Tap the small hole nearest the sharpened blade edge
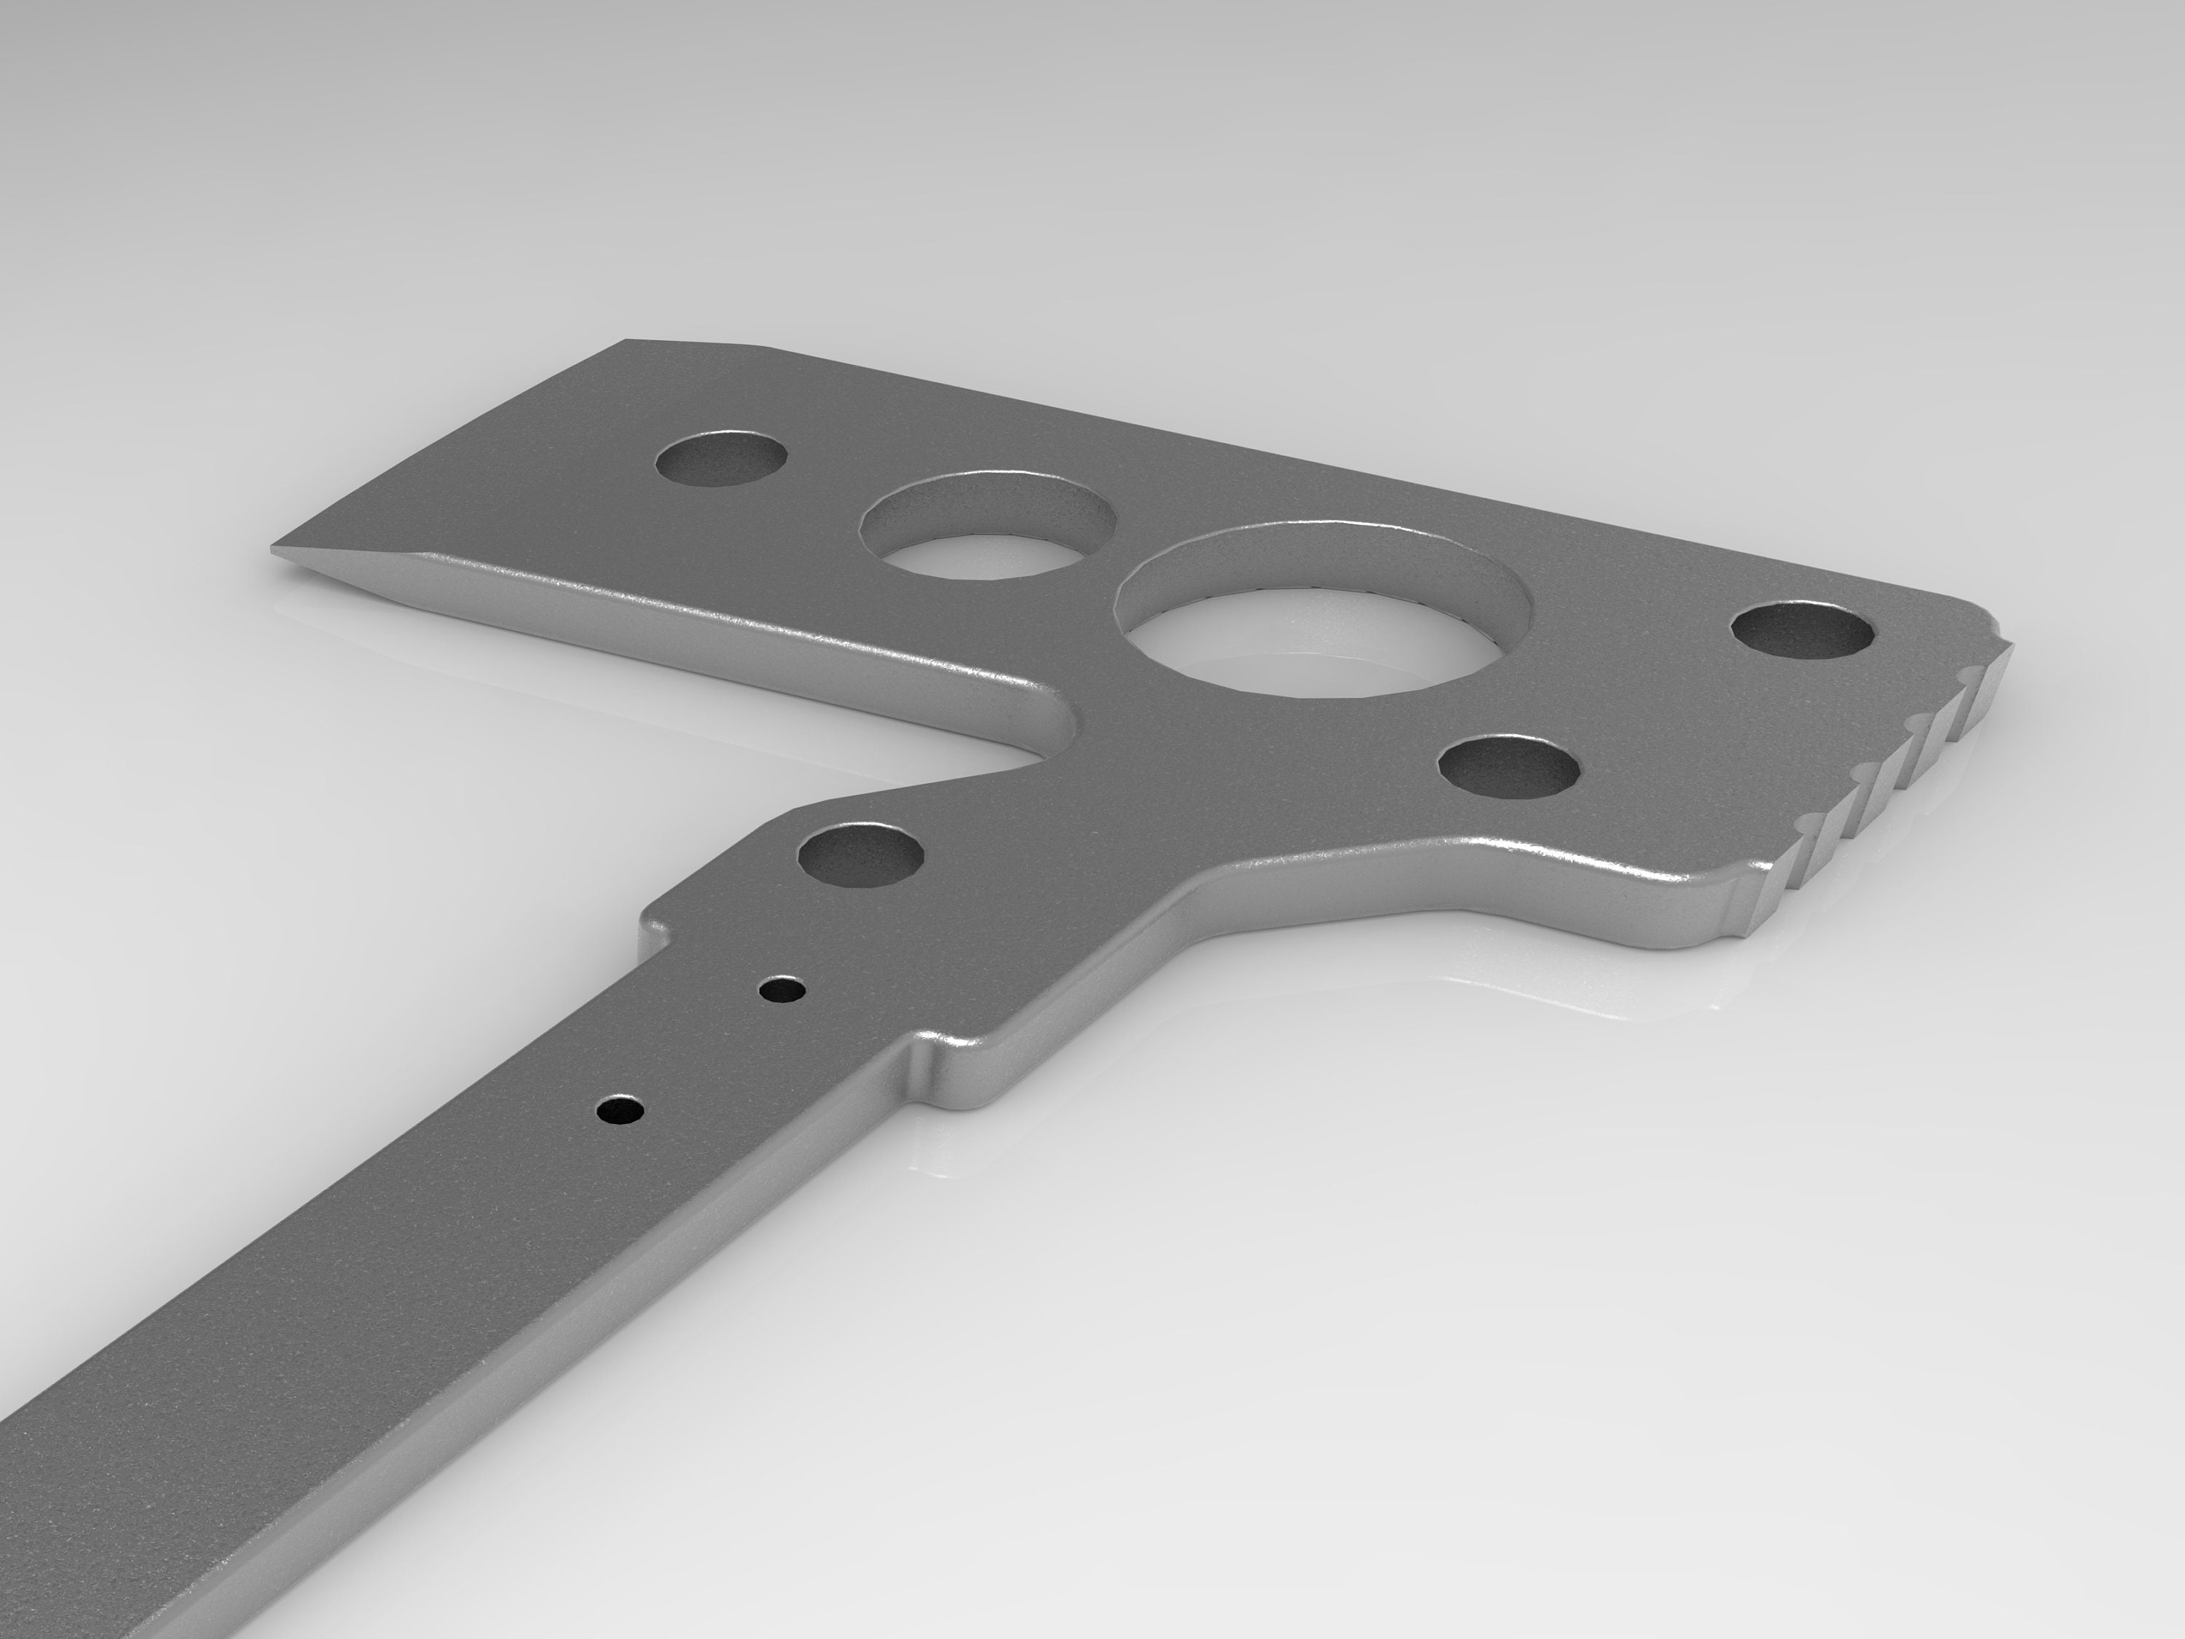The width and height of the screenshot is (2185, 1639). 724,461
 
